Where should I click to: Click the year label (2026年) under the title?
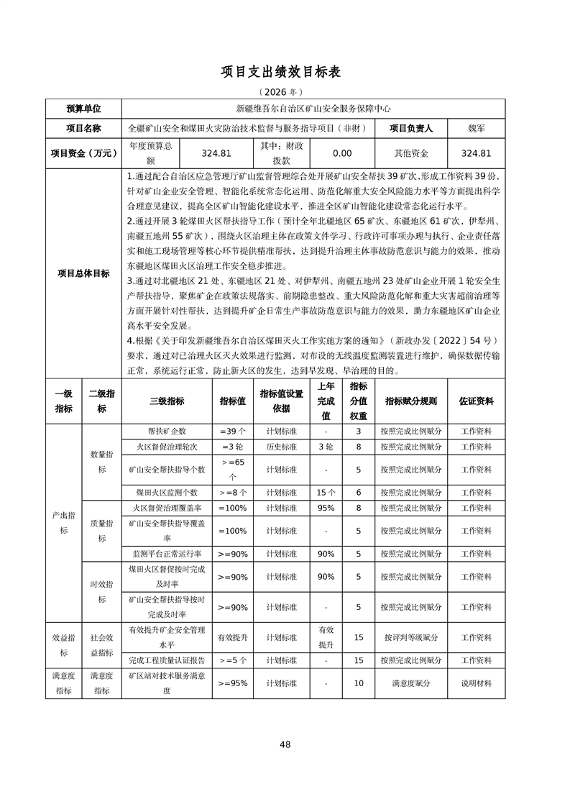tap(285, 92)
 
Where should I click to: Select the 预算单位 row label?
tap(83, 109)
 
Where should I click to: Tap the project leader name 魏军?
tap(476, 128)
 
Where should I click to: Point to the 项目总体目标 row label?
tap(83, 273)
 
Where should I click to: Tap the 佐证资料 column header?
tap(476, 401)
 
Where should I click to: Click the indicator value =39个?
tap(233, 432)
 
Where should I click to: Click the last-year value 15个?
tap(326, 493)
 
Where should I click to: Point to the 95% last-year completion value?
tap(326, 508)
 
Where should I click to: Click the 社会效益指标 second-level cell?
tap(101, 645)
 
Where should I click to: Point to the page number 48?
tap(285, 744)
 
